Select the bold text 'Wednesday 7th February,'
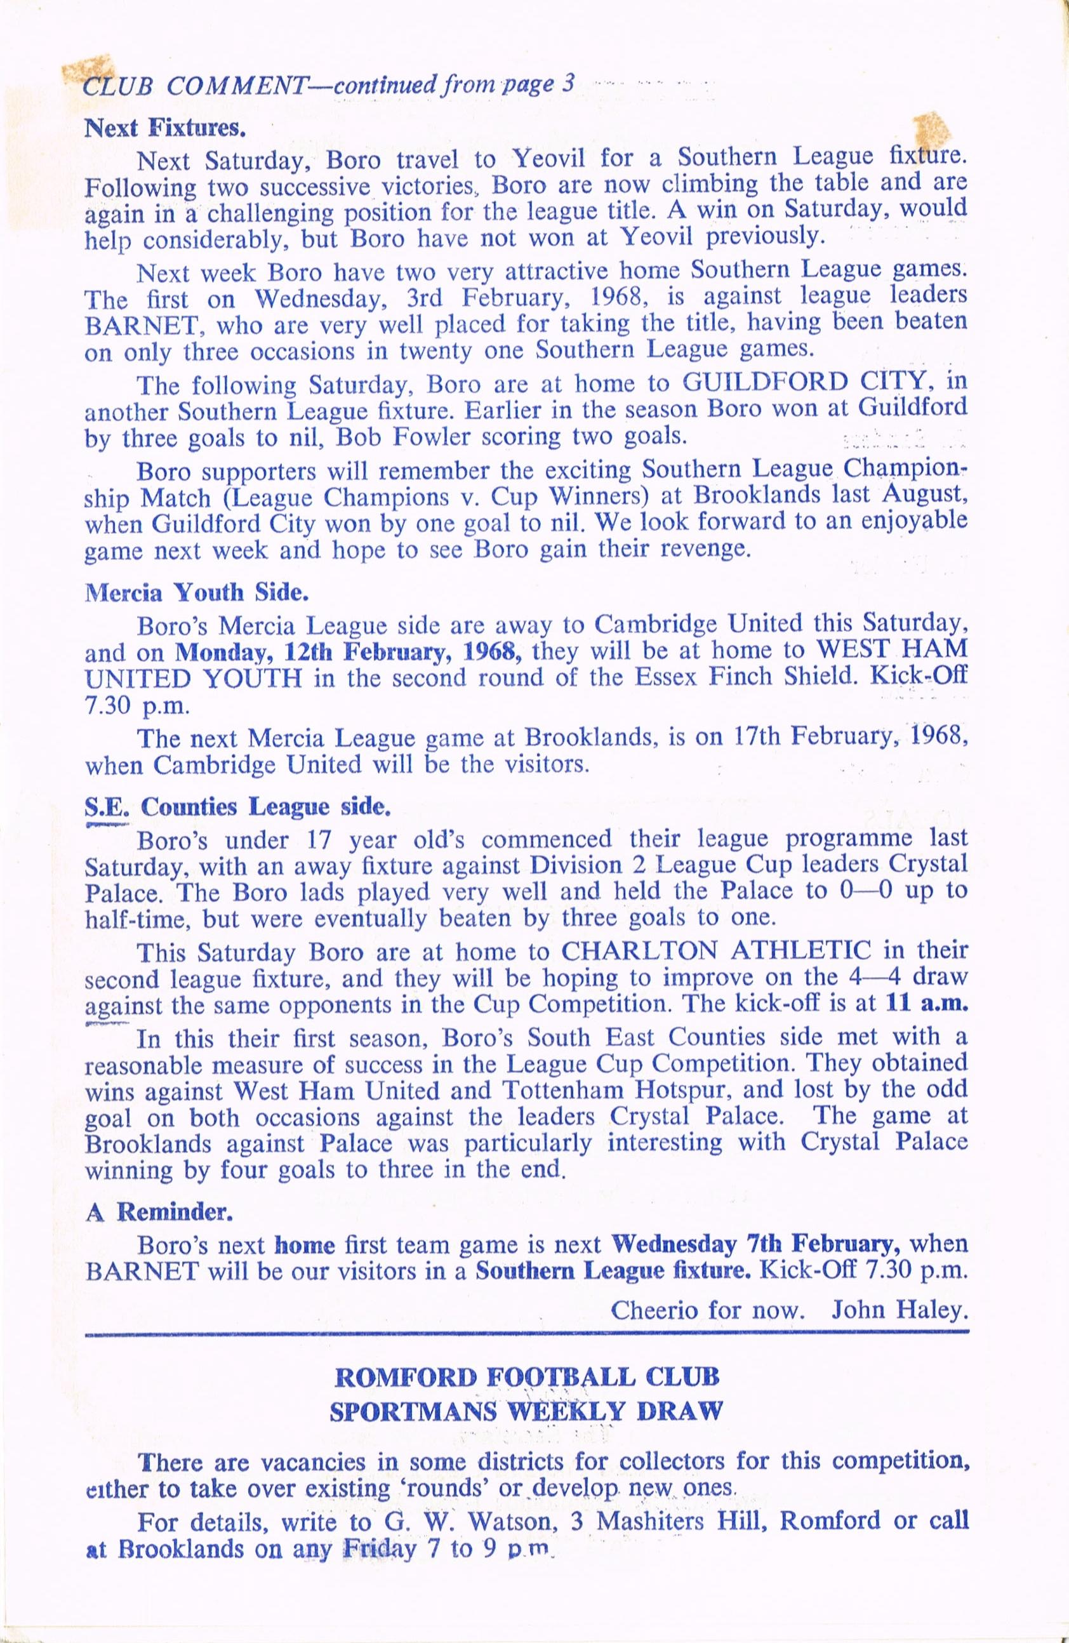(755, 1244)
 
